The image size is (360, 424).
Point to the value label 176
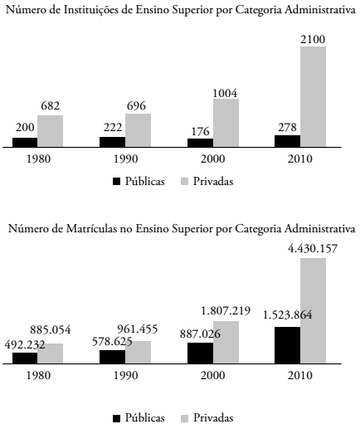pos(200,129)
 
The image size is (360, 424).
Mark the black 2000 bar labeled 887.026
pos(200,353)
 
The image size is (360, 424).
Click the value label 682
pos(51,106)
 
